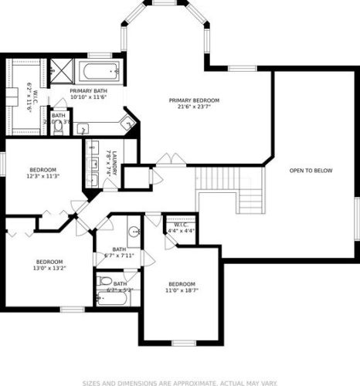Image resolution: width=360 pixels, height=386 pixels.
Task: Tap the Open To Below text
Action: tap(311, 170)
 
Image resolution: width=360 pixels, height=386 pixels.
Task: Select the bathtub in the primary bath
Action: tap(100, 74)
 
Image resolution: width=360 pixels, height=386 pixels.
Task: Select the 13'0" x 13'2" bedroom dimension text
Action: tap(48, 269)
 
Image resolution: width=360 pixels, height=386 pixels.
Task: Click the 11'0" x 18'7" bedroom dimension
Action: tap(182, 290)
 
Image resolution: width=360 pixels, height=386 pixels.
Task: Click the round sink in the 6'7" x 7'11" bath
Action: tap(134, 232)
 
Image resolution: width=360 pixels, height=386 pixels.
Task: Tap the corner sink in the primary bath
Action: tap(129, 121)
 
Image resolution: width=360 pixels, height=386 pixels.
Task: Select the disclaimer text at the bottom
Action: tap(179, 381)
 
